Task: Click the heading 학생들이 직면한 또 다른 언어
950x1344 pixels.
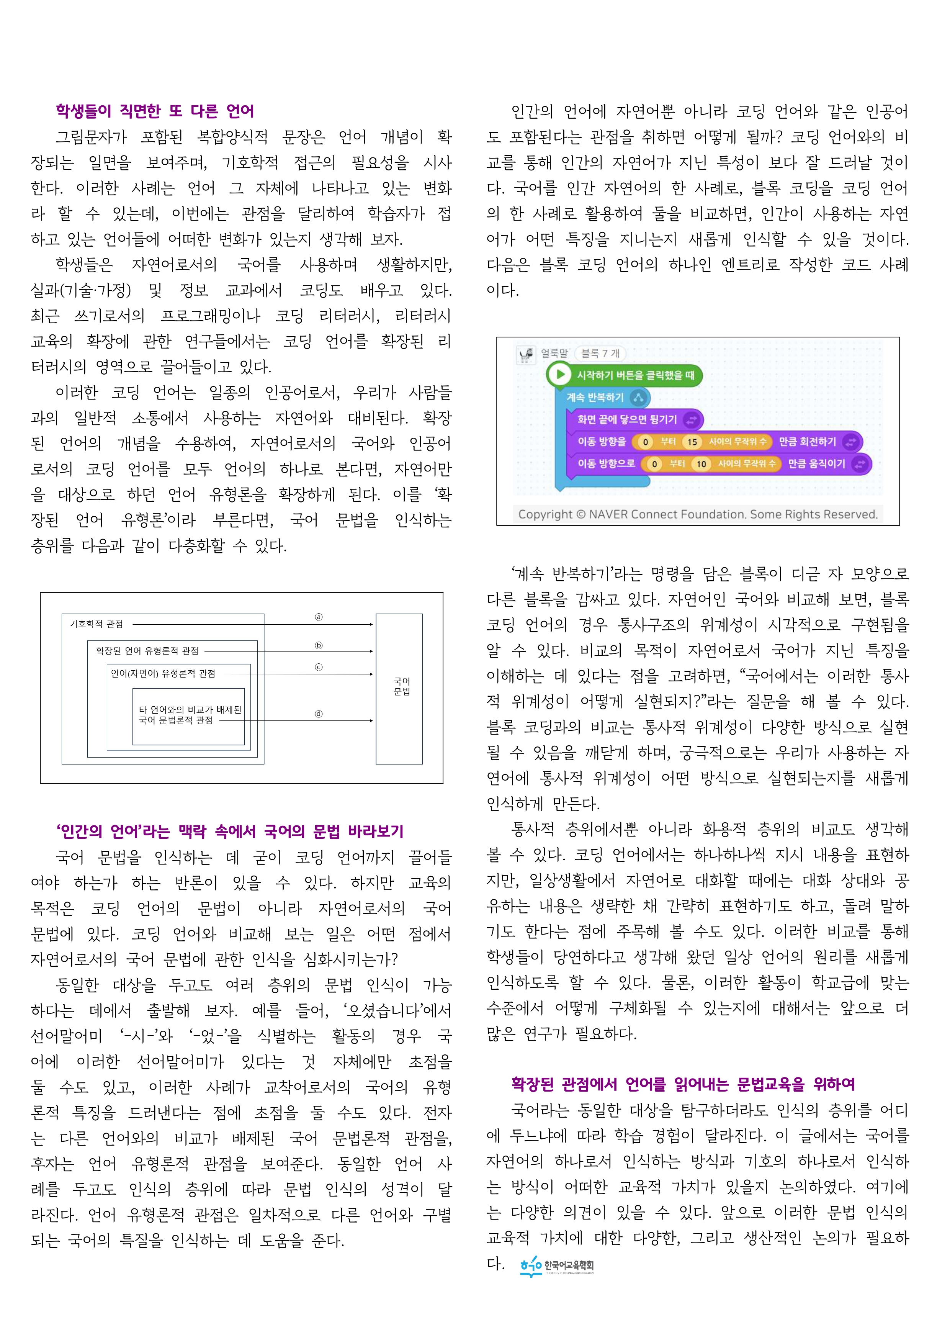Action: tap(155, 111)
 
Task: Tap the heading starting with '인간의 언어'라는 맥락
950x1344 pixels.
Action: tap(229, 831)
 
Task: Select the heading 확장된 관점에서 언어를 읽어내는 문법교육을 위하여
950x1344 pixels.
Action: tap(682, 1084)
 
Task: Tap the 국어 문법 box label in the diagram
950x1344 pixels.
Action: tap(402, 686)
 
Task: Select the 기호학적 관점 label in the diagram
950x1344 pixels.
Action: tap(96, 624)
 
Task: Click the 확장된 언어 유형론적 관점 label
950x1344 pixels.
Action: tap(147, 650)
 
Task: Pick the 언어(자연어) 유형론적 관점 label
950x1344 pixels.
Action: tap(163, 674)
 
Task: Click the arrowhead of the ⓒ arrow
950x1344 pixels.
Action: tap(371, 674)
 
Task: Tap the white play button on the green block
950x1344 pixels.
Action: tap(559, 374)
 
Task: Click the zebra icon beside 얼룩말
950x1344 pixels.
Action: tap(526, 354)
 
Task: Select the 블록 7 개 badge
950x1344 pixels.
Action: tap(600, 354)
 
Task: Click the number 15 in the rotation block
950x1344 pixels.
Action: tap(692, 442)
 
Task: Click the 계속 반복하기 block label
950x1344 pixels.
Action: tap(595, 398)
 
